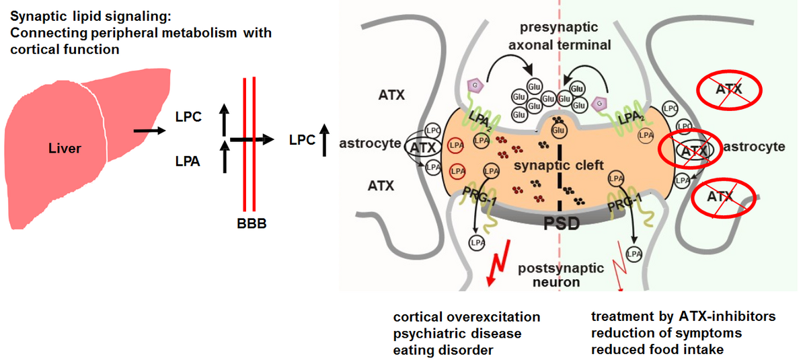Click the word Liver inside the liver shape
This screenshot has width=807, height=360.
[65, 147]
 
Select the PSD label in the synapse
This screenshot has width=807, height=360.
[561, 223]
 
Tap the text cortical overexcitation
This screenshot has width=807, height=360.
[467, 317]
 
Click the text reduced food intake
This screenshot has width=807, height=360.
[657, 349]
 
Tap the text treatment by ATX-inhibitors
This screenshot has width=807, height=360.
[683, 317]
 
